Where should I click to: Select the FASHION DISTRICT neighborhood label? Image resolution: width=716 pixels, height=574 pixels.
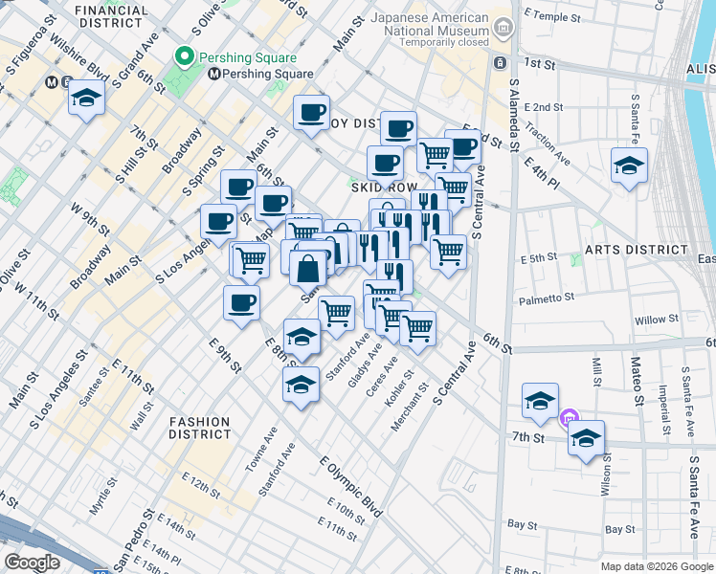point(200,428)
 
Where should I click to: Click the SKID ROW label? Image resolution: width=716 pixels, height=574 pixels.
point(381,188)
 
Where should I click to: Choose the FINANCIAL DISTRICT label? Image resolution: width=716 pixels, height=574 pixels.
point(114,15)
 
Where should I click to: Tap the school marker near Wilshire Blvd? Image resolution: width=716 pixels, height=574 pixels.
point(87,99)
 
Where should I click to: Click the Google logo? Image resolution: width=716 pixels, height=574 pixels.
point(32,563)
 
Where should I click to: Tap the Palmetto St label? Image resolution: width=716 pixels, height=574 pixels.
point(546,298)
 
